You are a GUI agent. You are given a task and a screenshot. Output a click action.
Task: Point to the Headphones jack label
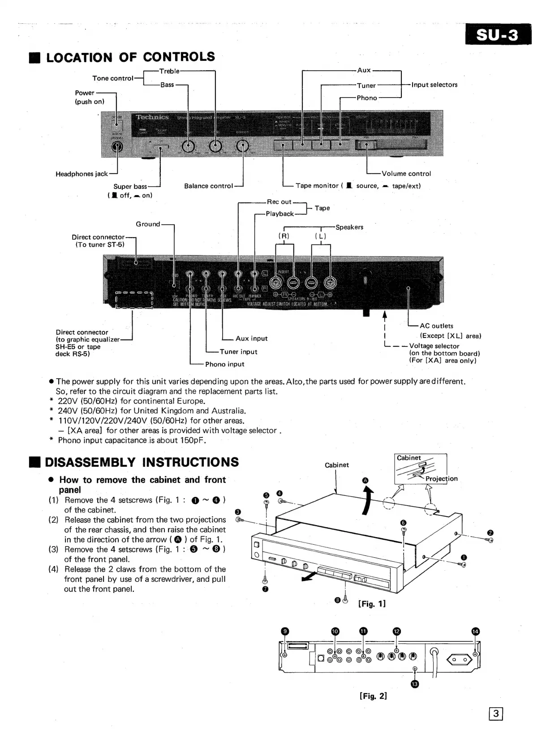(x=82, y=174)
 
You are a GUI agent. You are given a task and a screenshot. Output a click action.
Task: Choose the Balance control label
(x=209, y=186)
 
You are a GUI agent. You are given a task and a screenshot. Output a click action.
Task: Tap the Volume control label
(x=406, y=174)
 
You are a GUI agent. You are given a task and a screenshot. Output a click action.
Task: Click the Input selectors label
(x=434, y=85)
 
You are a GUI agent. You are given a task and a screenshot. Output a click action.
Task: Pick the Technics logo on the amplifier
(x=152, y=117)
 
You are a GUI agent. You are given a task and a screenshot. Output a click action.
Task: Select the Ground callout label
(x=148, y=224)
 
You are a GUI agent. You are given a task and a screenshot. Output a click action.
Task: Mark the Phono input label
(x=225, y=364)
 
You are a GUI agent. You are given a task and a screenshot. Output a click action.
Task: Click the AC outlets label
(x=436, y=326)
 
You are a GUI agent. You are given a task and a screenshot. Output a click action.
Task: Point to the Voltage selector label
(x=434, y=346)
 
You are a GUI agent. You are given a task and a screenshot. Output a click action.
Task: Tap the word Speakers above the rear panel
(x=349, y=227)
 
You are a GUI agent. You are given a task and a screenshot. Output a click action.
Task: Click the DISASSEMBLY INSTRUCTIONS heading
(x=142, y=462)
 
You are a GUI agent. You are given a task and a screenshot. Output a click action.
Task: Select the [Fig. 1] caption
(x=372, y=604)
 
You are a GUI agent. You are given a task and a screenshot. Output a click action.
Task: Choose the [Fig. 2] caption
(x=373, y=696)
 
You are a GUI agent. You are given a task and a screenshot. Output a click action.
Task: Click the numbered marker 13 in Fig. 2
(x=414, y=684)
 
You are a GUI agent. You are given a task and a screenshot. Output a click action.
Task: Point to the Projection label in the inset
(x=442, y=479)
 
